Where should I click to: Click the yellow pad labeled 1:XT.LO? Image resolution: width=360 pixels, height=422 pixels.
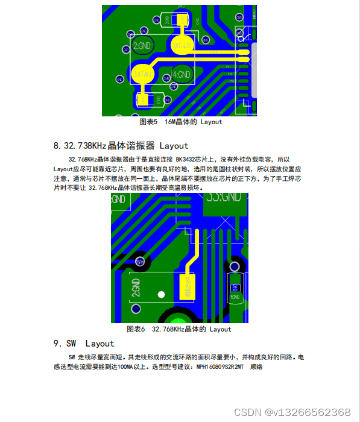click(182, 46)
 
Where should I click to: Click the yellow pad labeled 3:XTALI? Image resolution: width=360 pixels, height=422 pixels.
click(142, 74)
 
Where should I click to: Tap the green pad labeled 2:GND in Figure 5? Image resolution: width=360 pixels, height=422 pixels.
click(142, 45)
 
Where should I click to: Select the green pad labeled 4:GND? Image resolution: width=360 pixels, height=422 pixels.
click(182, 75)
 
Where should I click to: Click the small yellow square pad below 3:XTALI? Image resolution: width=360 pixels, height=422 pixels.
click(144, 99)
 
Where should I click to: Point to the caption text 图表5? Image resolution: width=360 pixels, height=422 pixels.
click(148, 122)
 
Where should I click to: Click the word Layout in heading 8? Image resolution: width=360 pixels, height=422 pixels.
click(174, 145)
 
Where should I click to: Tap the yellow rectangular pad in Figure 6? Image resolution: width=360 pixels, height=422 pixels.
click(188, 286)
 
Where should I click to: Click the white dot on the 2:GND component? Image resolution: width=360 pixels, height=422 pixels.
click(161, 294)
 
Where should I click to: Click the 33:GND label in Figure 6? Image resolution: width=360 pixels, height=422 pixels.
click(224, 197)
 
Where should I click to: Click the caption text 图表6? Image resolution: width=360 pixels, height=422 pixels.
click(136, 329)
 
